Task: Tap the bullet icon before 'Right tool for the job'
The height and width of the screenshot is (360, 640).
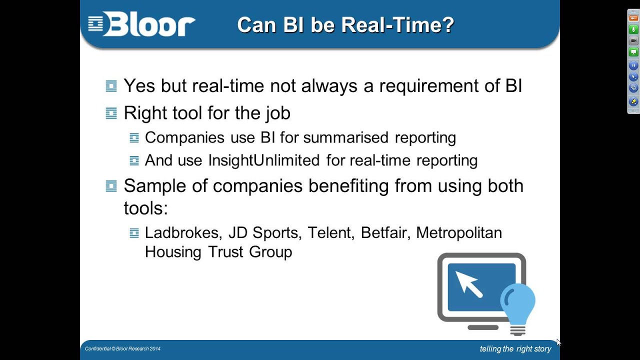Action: [x=111, y=113]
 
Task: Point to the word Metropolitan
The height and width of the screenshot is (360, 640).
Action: [x=458, y=233]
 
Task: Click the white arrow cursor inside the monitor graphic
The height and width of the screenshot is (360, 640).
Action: [x=469, y=284]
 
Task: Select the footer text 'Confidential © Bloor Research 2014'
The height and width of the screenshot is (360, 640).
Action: [x=122, y=348]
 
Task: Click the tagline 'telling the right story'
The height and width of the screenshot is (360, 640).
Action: [x=515, y=349]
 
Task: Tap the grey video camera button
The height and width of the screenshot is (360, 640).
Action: [x=633, y=41]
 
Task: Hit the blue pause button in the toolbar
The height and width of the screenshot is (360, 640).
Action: [x=633, y=65]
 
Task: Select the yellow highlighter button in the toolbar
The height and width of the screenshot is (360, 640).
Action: [x=633, y=101]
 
